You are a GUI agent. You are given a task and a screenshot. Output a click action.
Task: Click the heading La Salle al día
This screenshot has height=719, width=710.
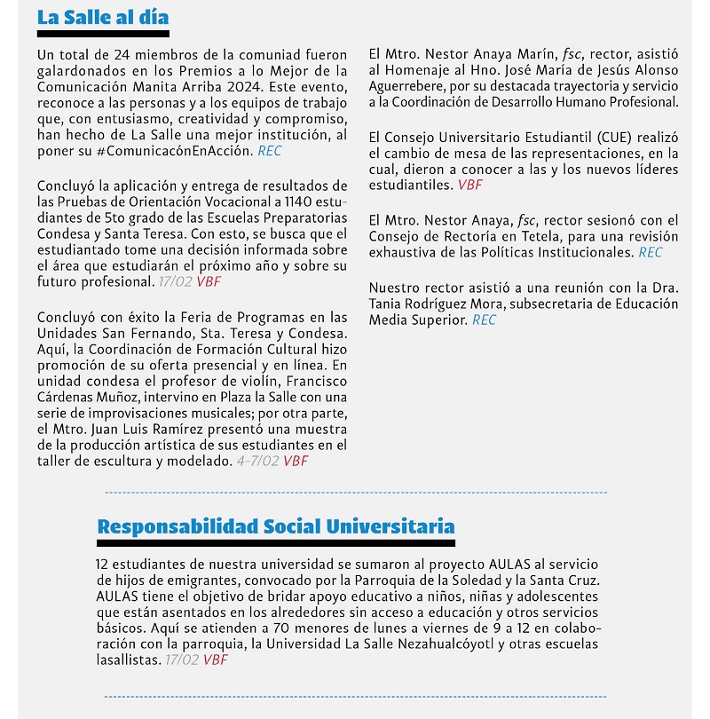click(103, 18)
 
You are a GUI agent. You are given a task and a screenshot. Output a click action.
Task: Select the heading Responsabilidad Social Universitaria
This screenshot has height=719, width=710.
click(275, 526)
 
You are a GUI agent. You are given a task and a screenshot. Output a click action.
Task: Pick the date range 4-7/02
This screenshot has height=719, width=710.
click(257, 461)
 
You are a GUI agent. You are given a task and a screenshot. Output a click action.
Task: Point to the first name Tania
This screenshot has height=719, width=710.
click(387, 304)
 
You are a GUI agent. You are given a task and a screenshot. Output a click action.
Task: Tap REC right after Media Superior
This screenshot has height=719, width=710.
click(485, 320)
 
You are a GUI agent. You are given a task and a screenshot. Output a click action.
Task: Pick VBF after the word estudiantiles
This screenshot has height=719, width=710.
click(470, 186)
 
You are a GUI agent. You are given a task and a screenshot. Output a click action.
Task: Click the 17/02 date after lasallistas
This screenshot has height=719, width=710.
click(183, 660)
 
